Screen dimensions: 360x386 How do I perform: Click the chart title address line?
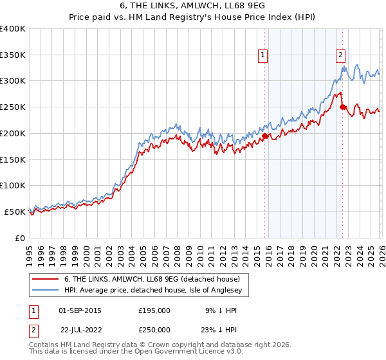coord(192,6)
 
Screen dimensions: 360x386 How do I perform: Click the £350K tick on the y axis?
coord(13,55)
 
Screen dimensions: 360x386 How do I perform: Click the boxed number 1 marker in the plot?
coord(264,56)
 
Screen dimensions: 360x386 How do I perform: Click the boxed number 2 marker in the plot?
coord(340,56)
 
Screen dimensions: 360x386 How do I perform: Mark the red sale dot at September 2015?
coord(264,136)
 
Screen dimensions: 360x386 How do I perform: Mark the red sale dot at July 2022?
coord(342,107)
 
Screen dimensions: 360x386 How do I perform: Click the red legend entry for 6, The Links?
coord(152,279)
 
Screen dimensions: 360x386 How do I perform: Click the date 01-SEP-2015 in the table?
coord(80,310)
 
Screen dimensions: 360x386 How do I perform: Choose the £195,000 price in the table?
coord(154,310)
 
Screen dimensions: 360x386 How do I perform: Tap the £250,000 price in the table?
coord(154,329)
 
